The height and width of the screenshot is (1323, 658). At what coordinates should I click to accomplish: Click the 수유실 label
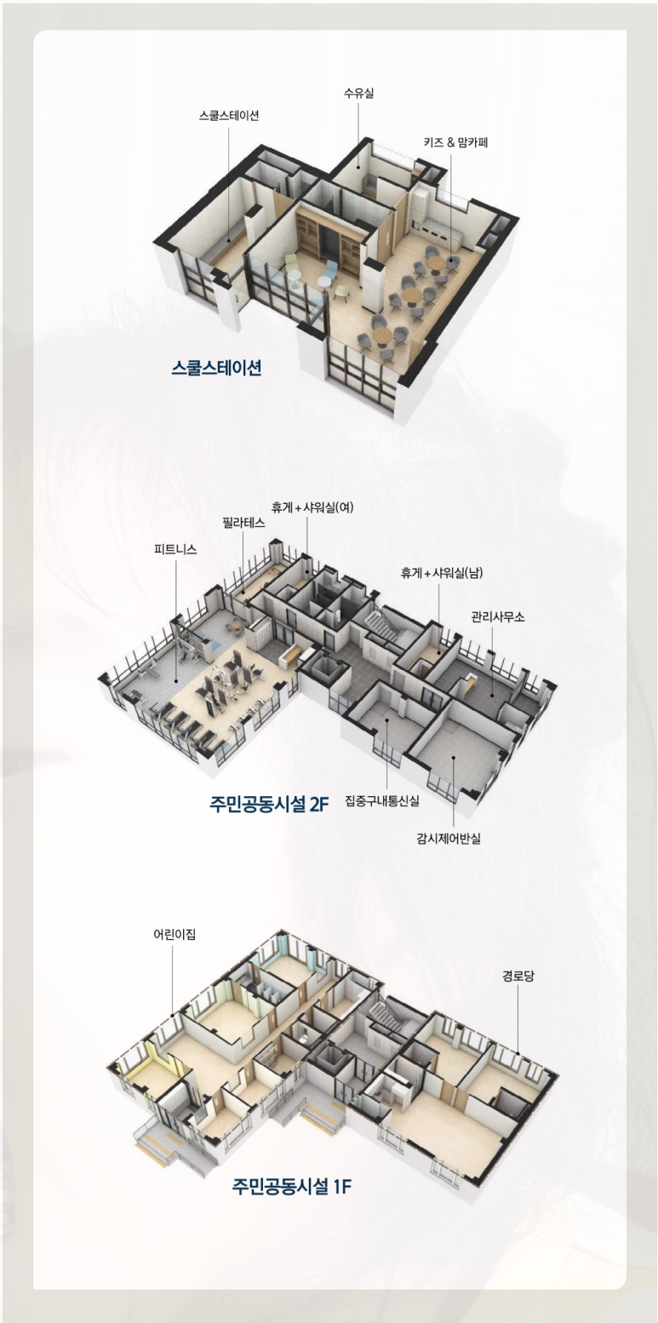click(x=358, y=94)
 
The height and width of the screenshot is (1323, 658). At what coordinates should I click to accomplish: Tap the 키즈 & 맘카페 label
click(x=455, y=142)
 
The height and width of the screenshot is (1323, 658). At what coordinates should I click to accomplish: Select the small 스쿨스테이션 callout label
click(x=229, y=116)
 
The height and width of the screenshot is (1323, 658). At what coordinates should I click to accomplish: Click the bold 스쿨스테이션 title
click(x=216, y=369)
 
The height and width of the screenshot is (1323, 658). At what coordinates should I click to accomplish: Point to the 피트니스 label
click(x=175, y=549)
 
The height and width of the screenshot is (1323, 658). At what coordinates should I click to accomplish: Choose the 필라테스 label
click(x=243, y=524)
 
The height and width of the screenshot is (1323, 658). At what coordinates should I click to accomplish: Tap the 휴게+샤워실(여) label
click(x=312, y=507)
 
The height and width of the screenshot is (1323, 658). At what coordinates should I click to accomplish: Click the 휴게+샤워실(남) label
click(x=442, y=573)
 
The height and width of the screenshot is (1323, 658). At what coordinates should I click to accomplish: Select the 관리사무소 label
click(x=498, y=616)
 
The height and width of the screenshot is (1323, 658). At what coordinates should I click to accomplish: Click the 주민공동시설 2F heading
click(x=269, y=804)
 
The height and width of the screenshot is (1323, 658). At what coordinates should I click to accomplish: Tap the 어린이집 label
click(x=175, y=934)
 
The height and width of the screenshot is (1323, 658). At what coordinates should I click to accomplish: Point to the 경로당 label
click(x=518, y=976)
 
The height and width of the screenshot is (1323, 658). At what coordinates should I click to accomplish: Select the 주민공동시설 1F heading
click(x=291, y=1186)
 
